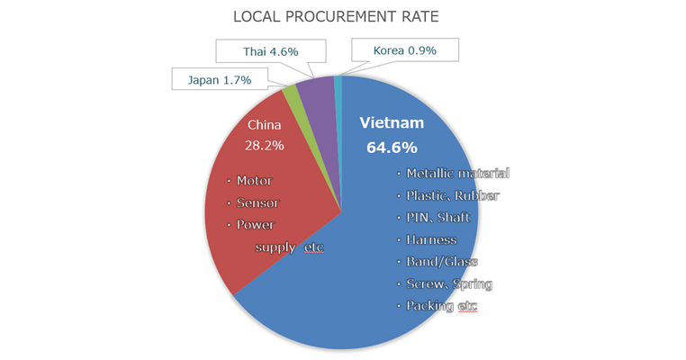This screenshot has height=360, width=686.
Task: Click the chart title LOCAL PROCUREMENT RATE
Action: (342, 16)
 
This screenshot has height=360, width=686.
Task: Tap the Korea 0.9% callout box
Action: (405, 51)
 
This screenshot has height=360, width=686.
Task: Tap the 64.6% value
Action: (390, 146)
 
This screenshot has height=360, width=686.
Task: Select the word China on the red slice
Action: (265, 124)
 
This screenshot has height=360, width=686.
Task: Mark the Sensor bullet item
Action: (256, 202)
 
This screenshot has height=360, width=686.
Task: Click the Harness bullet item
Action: (431, 239)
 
